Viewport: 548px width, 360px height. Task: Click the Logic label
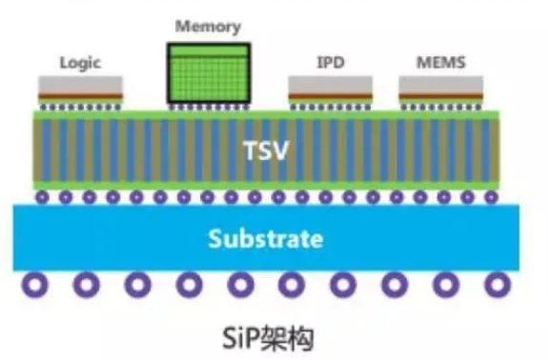click(80, 63)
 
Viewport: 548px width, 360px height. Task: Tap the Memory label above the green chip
click(207, 26)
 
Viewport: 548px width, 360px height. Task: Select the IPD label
click(331, 63)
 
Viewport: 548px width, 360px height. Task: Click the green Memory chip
click(207, 73)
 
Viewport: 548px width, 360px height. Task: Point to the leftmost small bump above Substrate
click(42, 197)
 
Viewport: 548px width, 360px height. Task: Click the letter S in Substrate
click(216, 238)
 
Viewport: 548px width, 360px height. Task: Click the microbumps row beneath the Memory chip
click(207, 107)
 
